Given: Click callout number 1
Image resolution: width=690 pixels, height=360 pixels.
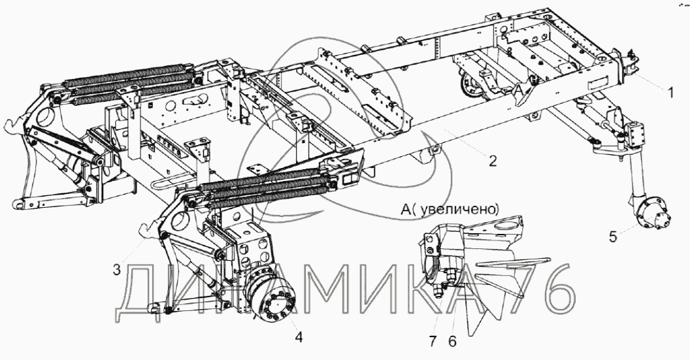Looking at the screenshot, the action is click(670, 93).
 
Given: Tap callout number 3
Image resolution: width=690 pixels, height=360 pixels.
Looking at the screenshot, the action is click(116, 270).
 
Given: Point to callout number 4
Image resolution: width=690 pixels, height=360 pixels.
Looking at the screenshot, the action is click(299, 338).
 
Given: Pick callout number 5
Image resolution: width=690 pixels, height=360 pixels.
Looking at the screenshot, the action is click(613, 237).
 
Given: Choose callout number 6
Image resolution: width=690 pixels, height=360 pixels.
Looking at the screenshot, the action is click(453, 341).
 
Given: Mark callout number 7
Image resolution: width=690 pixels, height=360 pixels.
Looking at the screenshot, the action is click(433, 341).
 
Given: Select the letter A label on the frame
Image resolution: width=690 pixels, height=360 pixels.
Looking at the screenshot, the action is click(520, 90).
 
